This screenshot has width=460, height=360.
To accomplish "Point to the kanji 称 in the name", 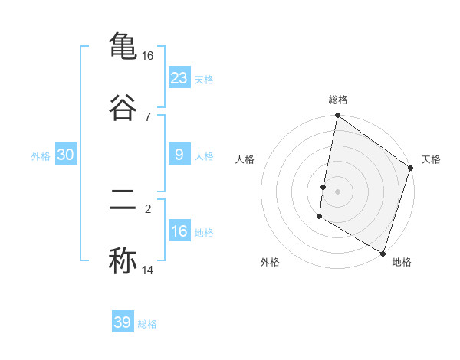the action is (123, 260).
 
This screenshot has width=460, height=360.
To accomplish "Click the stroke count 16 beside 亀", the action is (148, 56).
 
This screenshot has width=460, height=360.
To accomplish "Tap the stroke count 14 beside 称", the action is (148, 270).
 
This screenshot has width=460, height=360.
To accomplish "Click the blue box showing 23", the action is (179, 77).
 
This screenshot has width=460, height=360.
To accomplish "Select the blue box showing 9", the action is (179, 155).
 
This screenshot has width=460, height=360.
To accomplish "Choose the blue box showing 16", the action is (179, 231).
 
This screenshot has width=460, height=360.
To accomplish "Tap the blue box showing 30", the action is (66, 155).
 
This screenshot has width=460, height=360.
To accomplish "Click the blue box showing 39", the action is (123, 322).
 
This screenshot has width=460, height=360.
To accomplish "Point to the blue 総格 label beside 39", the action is (147, 324).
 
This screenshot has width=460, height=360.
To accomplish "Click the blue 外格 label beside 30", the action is (41, 156).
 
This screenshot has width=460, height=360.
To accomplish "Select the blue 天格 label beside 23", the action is (204, 79).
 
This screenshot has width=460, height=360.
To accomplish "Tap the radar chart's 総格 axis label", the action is (338, 100).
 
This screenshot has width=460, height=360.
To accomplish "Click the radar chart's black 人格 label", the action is (245, 159).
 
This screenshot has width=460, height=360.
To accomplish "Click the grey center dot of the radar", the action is (338, 191).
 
